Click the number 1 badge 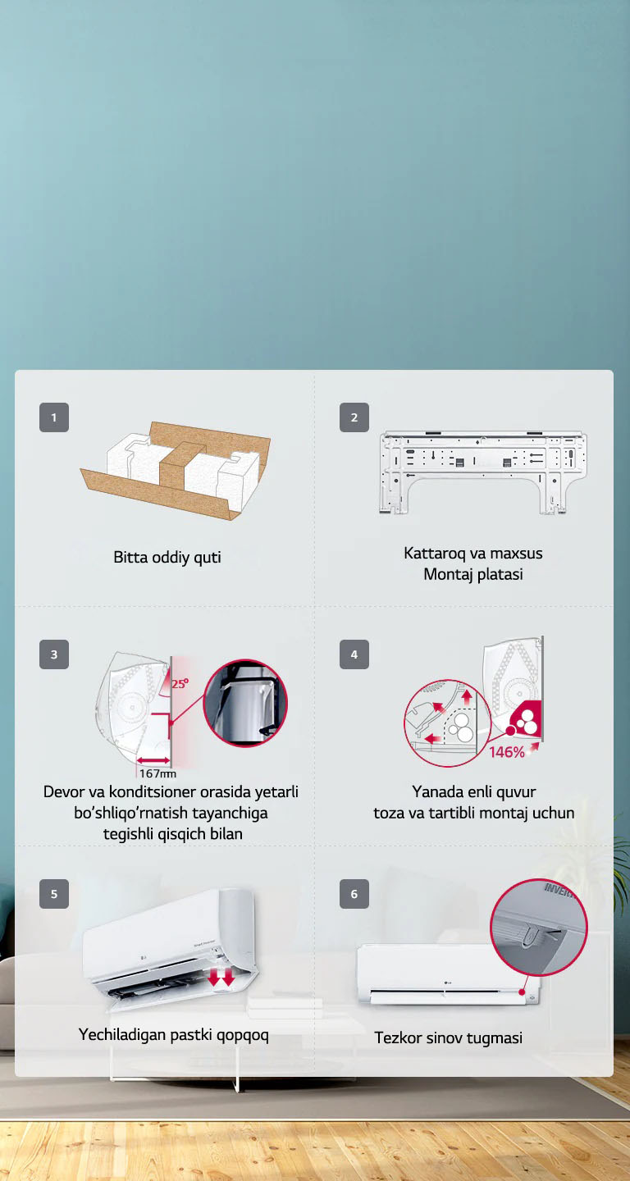(54, 417)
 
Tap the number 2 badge (354, 417)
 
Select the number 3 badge (54, 654)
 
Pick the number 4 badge (354, 654)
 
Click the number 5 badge (54, 894)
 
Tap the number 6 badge (354, 894)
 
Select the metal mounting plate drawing (482, 471)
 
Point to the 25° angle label (180, 683)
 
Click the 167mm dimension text (157, 773)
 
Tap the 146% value (506, 752)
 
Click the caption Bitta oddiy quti (167, 558)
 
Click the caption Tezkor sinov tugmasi (448, 1038)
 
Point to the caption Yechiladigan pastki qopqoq (173, 1035)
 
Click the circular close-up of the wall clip (244, 703)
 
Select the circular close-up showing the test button (539, 927)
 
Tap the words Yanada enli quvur (473, 792)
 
